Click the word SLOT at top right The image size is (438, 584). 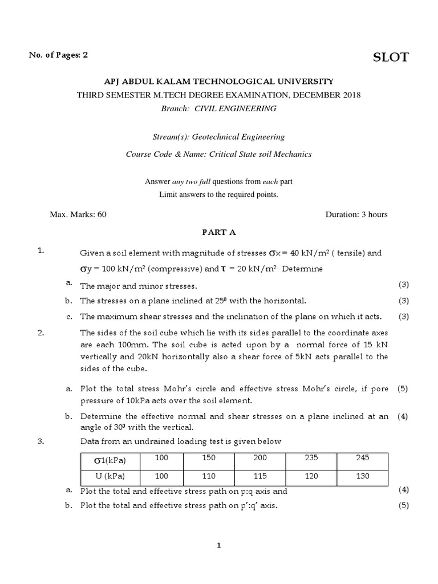(x=391, y=57)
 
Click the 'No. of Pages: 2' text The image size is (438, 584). (x=59, y=55)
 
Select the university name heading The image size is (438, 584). (x=218, y=82)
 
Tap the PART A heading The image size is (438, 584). (x=218, y=232)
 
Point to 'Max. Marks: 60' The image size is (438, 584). (x=78, y=214)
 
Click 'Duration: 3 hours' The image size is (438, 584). (x=356, y=214)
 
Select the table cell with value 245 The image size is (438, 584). (x=362, y=458)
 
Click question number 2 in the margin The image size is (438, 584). (x=40, y=333)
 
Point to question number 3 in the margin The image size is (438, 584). (x=40, y=441)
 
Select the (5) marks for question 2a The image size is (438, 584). (x=403, y=389)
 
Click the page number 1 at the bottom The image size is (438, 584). (x=218, y=545)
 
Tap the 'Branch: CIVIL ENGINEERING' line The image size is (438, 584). (x=218, y=108)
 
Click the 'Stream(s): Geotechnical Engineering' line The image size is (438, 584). (x=218, y=137)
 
